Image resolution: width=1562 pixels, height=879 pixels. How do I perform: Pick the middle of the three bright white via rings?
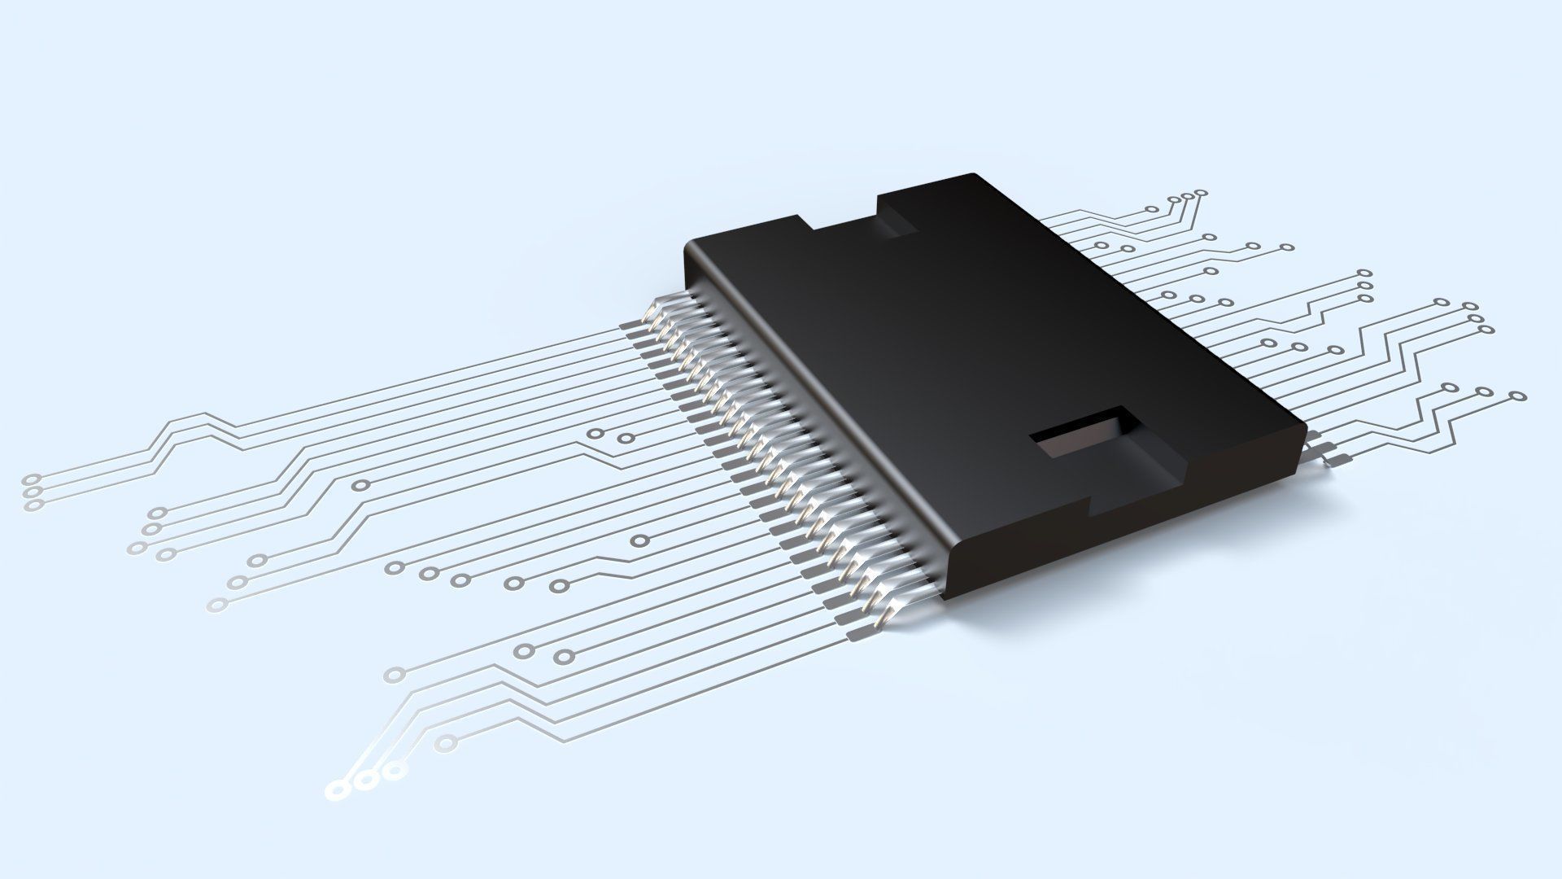click(x=367, y=781)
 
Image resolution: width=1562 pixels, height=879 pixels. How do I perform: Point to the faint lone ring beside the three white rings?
click(x=445, y=742)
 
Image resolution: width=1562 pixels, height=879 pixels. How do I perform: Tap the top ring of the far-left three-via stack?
click(x=33, y=479)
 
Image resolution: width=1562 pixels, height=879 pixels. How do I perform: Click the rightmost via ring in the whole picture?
click(x=1516, y=396)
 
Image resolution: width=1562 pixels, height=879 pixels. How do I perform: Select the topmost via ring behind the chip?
click(x=1202, y=194)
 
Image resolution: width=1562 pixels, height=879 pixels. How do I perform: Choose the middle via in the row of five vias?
click(x=460, y=580)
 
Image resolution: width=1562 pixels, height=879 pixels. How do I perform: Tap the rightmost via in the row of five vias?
click(x=558, y=585)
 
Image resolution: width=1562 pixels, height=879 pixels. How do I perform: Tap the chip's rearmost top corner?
click(x=972, y=174)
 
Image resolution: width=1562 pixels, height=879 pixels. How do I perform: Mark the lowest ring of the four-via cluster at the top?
click(x=1151, y=209)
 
